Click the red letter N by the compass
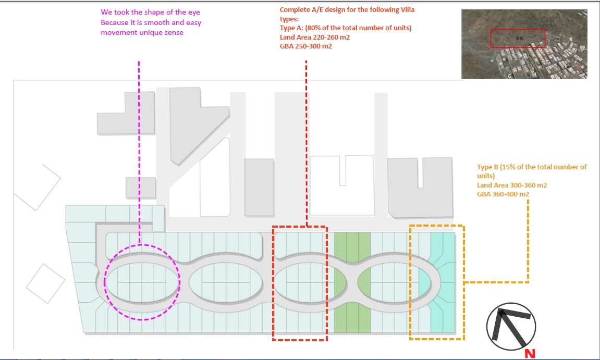(530, 354)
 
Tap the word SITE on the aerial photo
(519, 38)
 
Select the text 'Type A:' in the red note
(291, 28)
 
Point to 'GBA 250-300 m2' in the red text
(306, 46)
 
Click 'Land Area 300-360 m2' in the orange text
(512, 185)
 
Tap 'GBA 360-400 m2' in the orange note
(503, 194)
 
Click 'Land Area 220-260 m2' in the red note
(315, 37)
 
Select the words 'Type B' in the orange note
(487, 167)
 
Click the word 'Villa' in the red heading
(406, 9)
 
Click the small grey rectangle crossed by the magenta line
(140, 188)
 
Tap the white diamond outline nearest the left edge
(37, 188)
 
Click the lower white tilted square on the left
(45, 283)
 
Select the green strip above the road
(352, 247)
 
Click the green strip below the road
(352, 317)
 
